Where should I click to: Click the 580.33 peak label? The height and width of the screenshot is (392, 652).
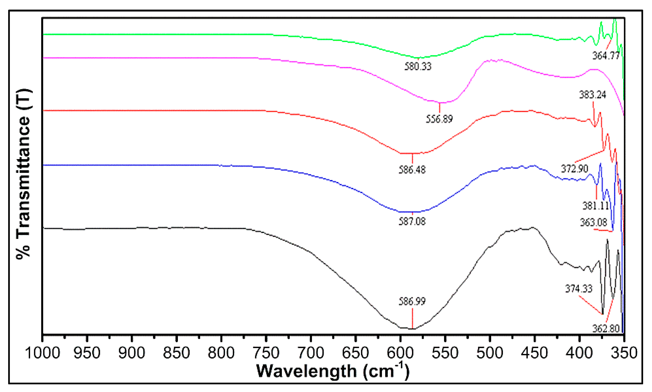coord(418,66)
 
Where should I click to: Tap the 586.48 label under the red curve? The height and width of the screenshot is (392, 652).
coord(412,170)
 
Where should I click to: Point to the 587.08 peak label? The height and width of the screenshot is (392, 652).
coord(412,221)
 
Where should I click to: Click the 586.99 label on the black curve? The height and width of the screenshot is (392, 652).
coord(412,301)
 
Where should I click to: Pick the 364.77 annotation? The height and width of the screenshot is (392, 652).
coord(606,56)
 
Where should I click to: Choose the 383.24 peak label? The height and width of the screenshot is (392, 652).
coord(592,95)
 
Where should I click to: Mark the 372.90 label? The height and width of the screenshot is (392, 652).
coord(574,168)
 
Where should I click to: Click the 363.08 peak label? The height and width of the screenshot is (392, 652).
coord(594,222)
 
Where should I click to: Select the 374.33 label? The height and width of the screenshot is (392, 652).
coord(579,289)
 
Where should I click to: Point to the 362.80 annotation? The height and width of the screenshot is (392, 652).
coord(606,329)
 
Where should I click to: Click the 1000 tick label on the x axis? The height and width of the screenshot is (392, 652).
coord(42,353)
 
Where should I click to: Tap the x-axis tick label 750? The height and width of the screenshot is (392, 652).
coord(266,353)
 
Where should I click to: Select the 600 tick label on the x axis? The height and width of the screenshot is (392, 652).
coord(400,353)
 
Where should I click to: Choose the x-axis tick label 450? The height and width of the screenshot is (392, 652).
coord(534,353)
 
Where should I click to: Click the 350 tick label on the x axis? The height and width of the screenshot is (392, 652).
coord(624,353)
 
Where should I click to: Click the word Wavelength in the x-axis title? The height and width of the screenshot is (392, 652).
coord(307,371)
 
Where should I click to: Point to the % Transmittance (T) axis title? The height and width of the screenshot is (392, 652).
coord(24,174)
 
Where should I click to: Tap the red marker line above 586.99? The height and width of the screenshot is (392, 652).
coord(412,318)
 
